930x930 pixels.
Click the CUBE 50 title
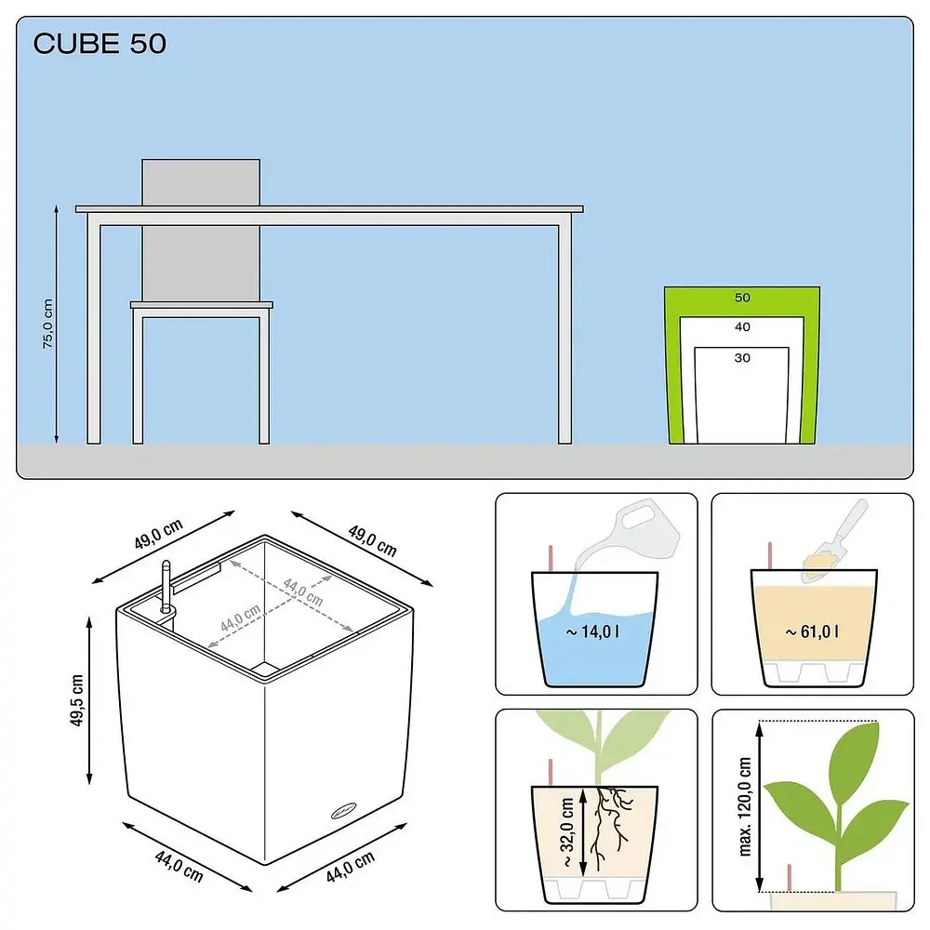click(x=100, y=44)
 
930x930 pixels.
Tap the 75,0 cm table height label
click(x=48, y=324)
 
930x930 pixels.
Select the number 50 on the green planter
click(x=742, y=298)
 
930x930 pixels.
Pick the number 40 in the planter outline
click(x=742, y=326)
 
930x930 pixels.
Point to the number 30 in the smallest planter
click(x=742, y=358)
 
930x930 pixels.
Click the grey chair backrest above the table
click(x=201, y=182)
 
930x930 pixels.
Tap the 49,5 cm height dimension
click(x=77, y=700)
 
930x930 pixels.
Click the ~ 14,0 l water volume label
click(x=593, y=631)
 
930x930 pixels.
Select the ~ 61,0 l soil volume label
click(x=812, y=631)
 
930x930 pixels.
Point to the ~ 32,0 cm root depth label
click(x=566, y=832)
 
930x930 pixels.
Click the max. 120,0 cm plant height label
click(x=745, y=806)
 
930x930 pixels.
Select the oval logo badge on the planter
click(x=344, y=810)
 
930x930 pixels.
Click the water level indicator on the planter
click(x=166, y=587)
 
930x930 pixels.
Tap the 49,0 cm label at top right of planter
click(x=372, y=541)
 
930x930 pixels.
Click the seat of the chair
click(x=202, y=305)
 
